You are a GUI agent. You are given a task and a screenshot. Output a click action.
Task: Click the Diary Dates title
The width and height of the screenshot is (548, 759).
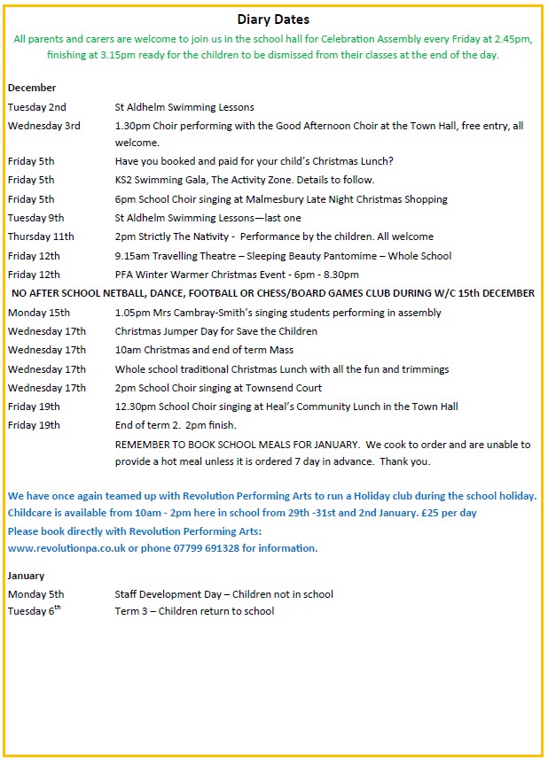[273, 19]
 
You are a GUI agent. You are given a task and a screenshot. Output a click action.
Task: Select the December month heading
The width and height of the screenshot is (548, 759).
[32, 88]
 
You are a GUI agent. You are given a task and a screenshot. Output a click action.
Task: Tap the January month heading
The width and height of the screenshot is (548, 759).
[26, 576]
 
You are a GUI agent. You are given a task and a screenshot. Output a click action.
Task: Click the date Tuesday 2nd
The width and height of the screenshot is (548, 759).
[36, 107]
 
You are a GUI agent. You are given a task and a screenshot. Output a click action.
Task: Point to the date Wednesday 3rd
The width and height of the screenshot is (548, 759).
[43, 126]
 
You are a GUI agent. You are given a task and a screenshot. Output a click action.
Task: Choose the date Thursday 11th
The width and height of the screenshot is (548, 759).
[41, 236]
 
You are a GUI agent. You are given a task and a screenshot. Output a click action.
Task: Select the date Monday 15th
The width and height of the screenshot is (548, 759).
[39, 313]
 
